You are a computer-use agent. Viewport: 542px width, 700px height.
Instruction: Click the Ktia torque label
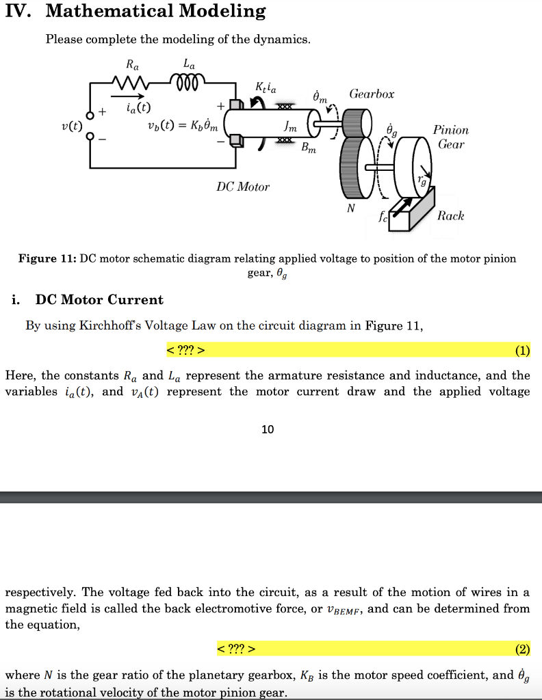click(266, 87)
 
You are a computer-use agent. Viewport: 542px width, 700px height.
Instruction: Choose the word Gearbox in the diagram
click(372, 94)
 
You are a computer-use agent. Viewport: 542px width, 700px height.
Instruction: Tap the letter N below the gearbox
click(350, 208)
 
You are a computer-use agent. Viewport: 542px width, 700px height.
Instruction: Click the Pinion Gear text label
click(451, 137)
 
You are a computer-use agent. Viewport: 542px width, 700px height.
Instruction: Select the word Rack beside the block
click(450, 216)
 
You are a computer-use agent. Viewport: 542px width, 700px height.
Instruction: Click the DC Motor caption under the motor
click(243, 187)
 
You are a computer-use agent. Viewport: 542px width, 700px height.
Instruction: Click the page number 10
click(268, 429)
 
